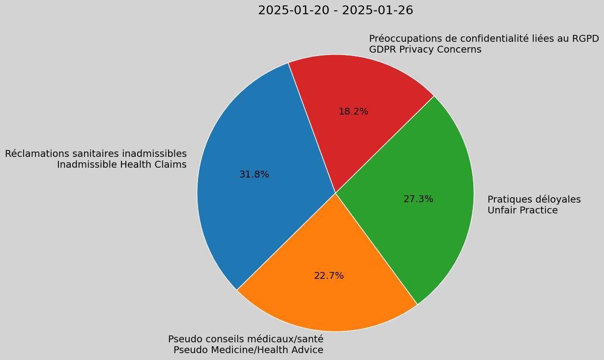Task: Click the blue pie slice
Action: [x=246, y=197]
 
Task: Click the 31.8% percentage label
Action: [x=254, y=175]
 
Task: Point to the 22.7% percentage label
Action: [x=329, y=276]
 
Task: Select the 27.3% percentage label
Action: [x=418, y=199]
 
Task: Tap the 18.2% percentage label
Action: [x=353, y=112]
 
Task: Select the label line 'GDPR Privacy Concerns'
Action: [x=425, y=50]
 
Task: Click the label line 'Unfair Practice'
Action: [x=522, y=210]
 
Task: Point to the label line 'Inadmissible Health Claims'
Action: [x=121, y=165]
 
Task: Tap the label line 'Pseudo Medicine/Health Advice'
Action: [x=248, y=350]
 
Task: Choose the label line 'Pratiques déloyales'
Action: [x=534, y=200]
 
